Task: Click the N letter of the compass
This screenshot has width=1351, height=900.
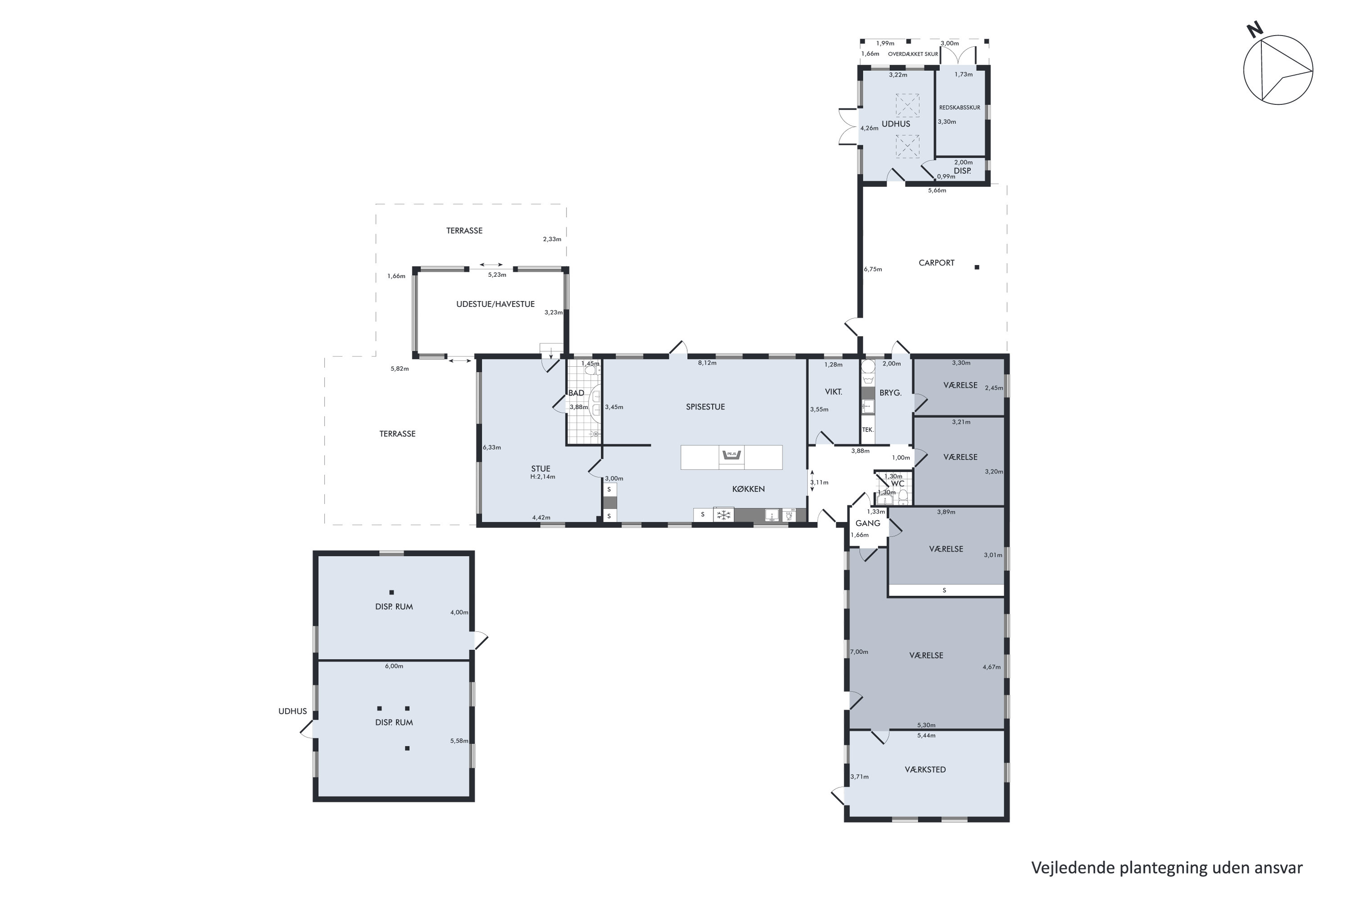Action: [1255, 29]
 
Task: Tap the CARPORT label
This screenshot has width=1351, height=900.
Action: [936, 263]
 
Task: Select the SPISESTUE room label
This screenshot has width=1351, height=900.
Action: [705, 407]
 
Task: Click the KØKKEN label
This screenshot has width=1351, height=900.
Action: [748, 489]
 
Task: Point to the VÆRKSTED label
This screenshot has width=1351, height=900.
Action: [925, 769]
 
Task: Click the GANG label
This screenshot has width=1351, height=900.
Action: [868, 523]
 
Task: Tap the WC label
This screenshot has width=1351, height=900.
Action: [898, 484]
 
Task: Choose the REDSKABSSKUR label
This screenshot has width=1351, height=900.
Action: [960, 108]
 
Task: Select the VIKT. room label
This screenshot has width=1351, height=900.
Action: [834, 392]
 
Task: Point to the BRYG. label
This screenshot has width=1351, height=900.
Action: [890, 393]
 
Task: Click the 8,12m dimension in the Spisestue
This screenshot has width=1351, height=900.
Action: [707, 363]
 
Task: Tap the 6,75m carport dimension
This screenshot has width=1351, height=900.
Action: [873, 269]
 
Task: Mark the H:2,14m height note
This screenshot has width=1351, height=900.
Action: [543, 477]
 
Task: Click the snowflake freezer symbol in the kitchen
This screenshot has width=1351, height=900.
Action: [724, 515]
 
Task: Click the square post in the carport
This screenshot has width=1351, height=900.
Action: [977, 267]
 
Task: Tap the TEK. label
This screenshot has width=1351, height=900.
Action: [868, 430]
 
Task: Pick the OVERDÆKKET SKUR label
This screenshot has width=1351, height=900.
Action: [913, 54]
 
